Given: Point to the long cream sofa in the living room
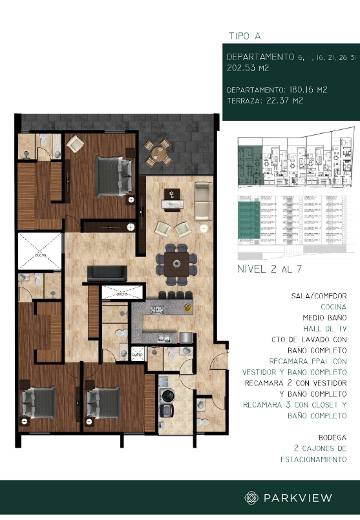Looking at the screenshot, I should [x=204, y=201].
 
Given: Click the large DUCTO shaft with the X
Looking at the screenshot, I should [x=39, y=251].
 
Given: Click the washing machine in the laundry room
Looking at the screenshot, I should [x=168, y=395].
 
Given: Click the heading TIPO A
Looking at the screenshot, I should [x=245, y=36].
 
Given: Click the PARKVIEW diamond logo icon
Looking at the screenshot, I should [x=251, y=497].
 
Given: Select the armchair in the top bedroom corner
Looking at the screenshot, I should [x=74, y=143].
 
